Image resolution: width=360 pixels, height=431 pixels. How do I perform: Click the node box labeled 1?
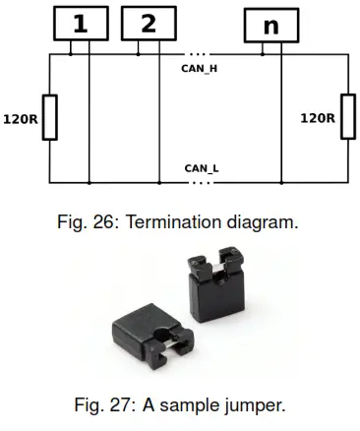point(79,24)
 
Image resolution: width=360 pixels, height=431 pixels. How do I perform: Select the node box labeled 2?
point(149,24)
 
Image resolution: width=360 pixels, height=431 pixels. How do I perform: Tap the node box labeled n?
point(272,24)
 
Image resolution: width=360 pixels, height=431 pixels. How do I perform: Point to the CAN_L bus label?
point(202,168)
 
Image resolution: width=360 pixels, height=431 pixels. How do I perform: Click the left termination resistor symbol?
point(49,117)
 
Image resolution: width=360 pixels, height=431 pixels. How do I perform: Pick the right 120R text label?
point(317,118)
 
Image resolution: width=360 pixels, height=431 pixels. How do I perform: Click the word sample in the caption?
point(192,404)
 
